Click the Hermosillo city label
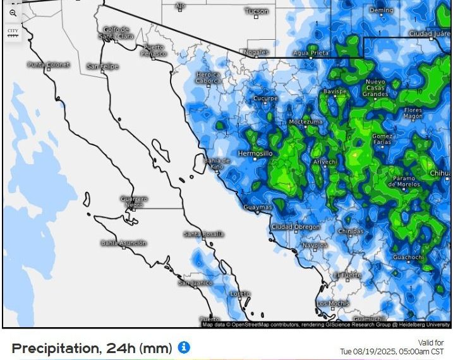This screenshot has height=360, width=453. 255,153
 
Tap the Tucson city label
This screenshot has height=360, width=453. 256,11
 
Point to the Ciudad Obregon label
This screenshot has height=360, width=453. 295,227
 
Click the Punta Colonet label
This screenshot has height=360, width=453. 49,65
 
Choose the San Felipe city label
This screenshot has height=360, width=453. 102,66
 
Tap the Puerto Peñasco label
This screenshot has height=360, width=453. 154,50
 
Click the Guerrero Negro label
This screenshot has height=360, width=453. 134,201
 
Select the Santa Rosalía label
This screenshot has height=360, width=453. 203,234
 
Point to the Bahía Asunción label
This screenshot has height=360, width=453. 123,243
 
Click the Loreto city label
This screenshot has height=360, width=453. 240,294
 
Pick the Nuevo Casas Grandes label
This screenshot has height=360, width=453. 375,88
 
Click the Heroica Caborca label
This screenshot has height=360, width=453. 208,78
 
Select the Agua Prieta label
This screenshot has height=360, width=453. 310,53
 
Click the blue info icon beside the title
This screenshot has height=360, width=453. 184,347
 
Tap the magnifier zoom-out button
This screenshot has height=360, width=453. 13,13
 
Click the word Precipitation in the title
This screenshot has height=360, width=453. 54,348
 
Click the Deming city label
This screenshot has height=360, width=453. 381,11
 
